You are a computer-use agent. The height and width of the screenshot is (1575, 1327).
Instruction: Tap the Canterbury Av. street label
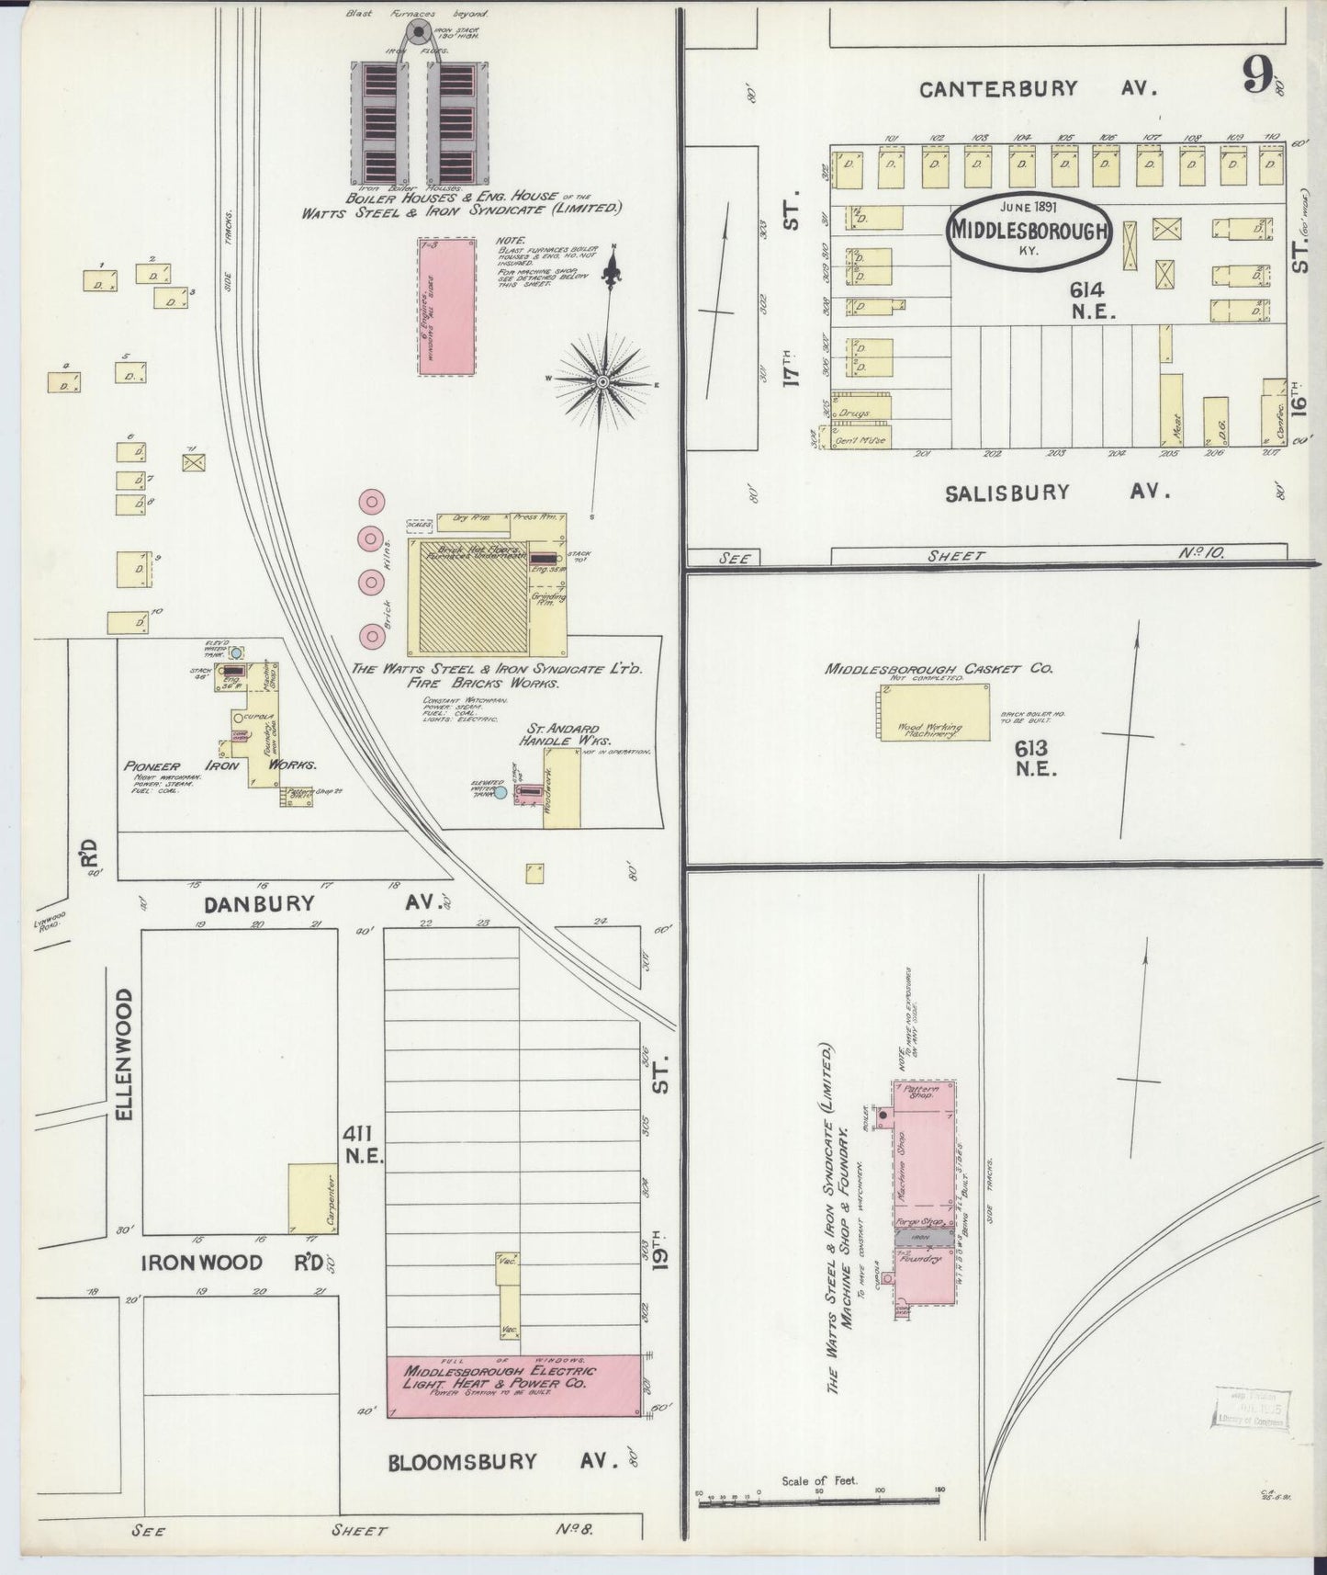coord(1039,89)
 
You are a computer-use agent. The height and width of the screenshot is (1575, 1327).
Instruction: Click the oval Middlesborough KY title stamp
coord(1029,231)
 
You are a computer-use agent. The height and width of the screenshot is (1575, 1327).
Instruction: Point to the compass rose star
coord(602,381)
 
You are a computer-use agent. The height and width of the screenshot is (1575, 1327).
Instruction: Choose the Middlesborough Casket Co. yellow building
coord(933,711)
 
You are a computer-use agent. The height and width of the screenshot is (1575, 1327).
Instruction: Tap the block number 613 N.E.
coord(1036,758)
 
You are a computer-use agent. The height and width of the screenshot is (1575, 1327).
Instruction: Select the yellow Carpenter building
coord(310,1198)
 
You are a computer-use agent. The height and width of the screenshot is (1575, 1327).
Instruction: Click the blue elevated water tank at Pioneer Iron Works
coord(237,652)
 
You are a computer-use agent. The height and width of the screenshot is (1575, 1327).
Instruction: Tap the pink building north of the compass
coord(446,305)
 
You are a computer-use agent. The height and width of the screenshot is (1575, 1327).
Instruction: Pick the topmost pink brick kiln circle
coord(372,501)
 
